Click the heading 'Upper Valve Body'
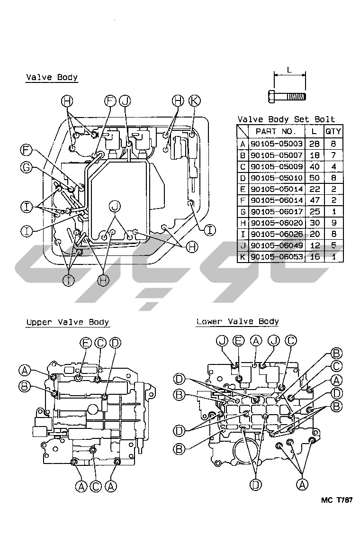point(67,322)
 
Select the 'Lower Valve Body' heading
point(237,321)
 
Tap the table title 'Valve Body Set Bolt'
point(286,119)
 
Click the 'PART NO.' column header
point(276,131)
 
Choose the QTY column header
point(333,131)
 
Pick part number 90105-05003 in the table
point(276,143)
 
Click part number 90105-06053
point(276,256)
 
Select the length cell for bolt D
point(315,177)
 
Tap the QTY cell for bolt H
point(333,222)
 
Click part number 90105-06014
point(276,200)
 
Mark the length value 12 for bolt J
point(315,245)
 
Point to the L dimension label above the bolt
point(289,70)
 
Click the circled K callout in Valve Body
point(194,100)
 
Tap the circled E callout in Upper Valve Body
point(86,343)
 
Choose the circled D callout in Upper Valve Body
point(115,343)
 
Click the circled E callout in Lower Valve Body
point(239,340)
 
